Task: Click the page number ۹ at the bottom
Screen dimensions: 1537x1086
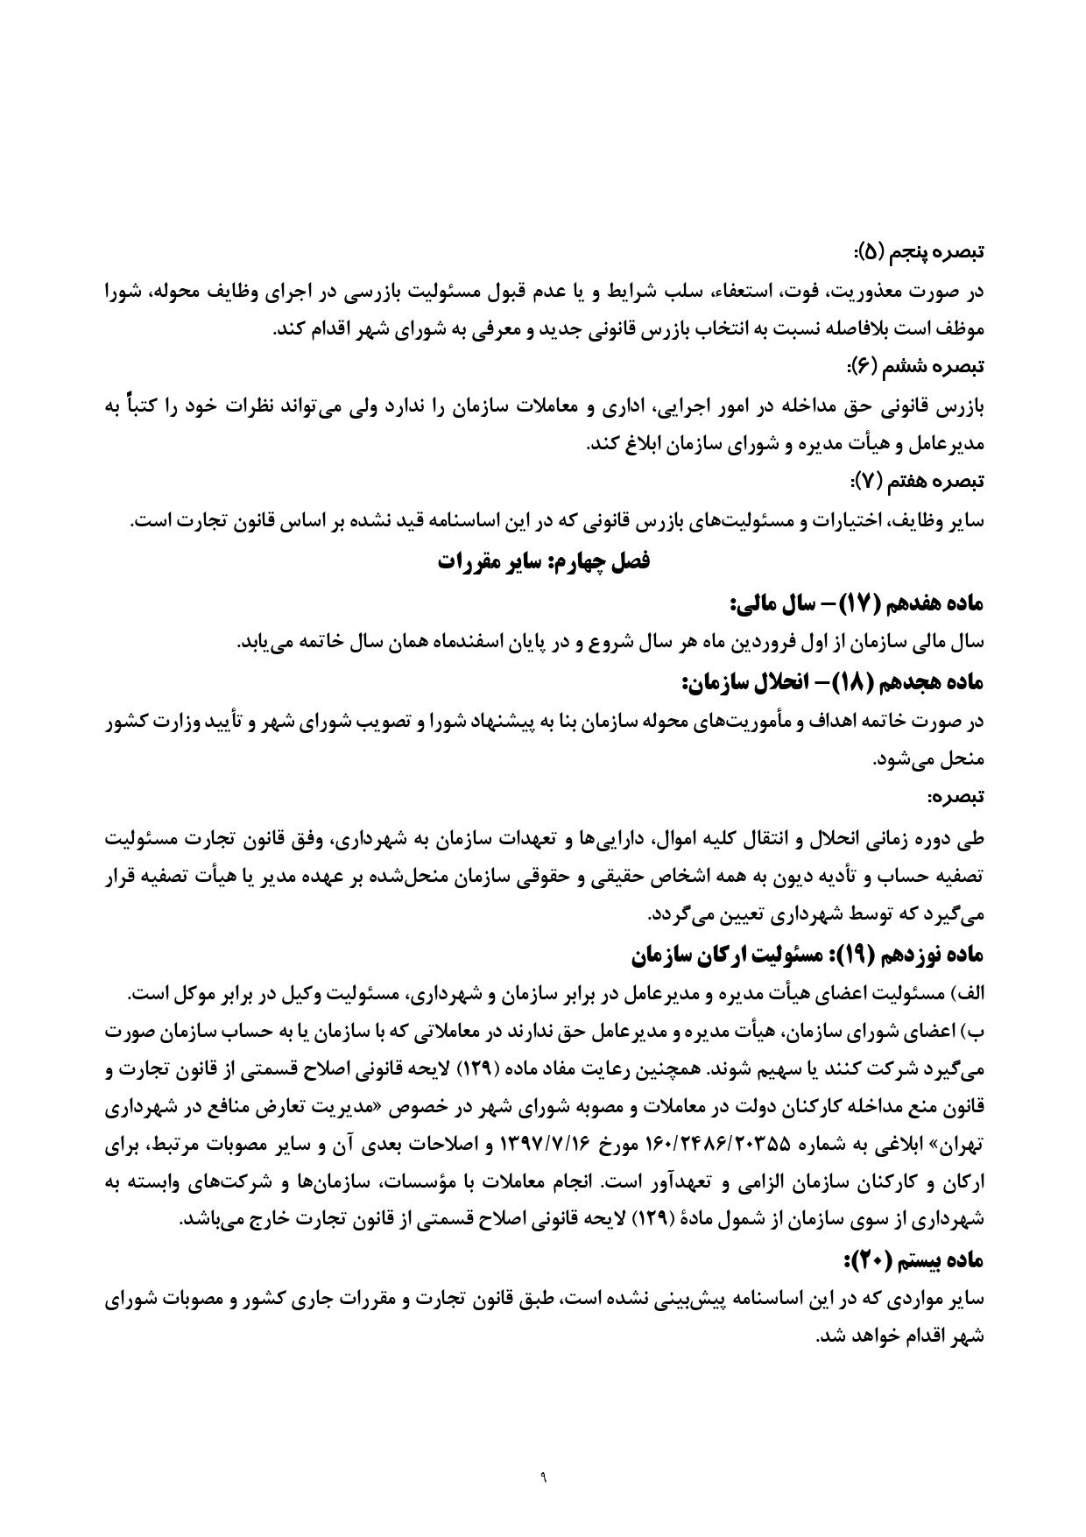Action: pos(543,1479)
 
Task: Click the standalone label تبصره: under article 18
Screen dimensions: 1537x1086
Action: pos(958,797)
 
